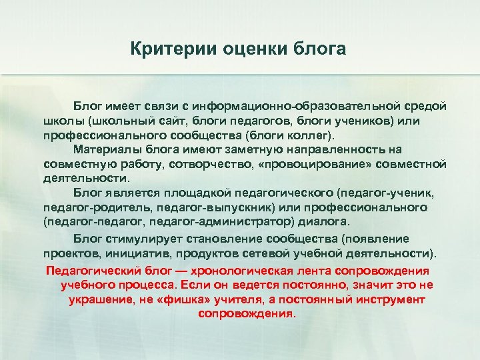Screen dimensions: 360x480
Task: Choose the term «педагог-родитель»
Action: pos(85,207)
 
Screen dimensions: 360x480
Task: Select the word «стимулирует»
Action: pos(131,239)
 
